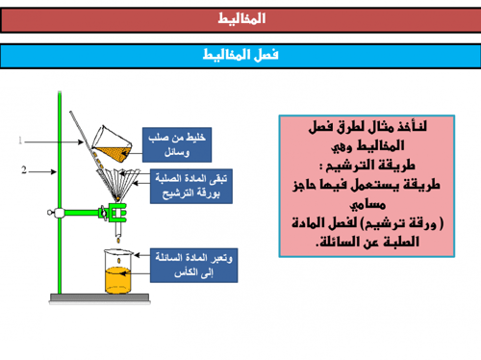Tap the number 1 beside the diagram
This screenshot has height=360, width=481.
20,141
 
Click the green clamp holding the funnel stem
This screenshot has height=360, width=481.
115,211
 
